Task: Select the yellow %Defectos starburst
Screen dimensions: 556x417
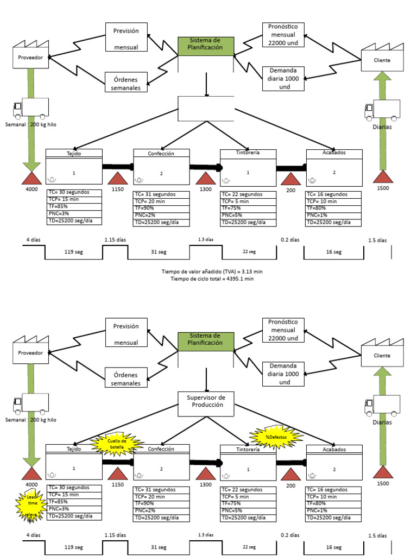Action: click(276, 437)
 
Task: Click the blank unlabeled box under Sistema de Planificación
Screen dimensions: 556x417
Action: click(206, 109)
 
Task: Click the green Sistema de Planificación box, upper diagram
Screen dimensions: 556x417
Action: click(206, 46)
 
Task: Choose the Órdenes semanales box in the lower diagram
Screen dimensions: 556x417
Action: click(126, 378)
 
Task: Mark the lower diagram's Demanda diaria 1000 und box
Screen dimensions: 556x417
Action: click(283, 374)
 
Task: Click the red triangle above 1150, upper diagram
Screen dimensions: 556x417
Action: click(118, 179)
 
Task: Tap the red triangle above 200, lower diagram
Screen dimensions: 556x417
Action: click(291, 473)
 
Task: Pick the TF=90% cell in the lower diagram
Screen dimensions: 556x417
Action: click(161, 504)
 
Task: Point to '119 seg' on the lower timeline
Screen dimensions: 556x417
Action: click(73, 547)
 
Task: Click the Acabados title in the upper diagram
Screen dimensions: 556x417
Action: click(333, 153)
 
